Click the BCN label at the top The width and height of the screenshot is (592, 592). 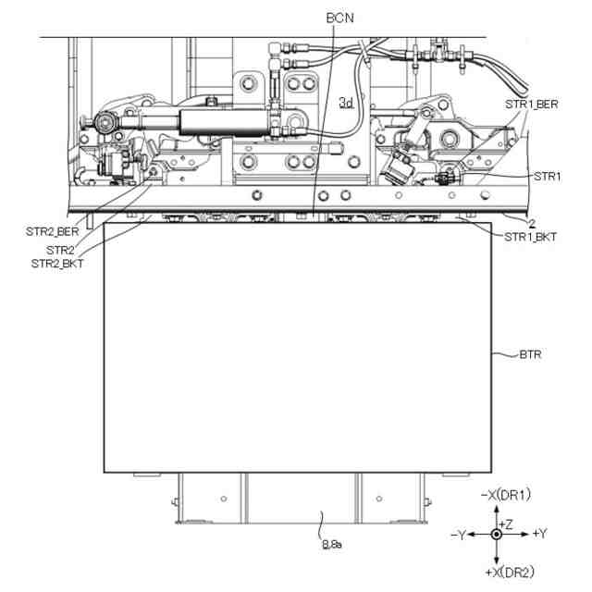click(x=340, y=18)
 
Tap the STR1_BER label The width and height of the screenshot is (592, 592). click(x=532, y=105)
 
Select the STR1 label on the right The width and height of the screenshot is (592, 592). click(x=547, y=176)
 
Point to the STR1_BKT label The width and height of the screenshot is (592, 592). click(x=530, y=237)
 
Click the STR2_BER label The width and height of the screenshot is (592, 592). click(x=53, y=231)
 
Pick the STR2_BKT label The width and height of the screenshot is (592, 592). click(x=57, y=264)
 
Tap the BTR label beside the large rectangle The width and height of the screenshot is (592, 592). click(x=530, y=354)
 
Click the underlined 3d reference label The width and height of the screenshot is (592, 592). click(x=346, y=103)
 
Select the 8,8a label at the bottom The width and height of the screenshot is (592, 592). click(x=332, y=545)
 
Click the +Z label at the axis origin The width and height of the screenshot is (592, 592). click(x=506, y=524)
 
